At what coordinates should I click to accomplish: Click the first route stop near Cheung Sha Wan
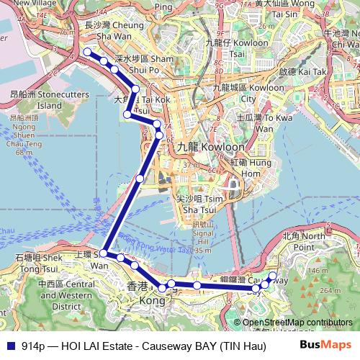click(88, 52)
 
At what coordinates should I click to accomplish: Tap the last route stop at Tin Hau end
click(272, 275)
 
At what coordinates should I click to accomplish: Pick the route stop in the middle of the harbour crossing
click(140, 178)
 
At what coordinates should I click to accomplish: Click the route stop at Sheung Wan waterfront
click(104, 253)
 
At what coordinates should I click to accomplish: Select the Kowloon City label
click(234, 92)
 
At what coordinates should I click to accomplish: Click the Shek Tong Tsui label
click(34, 261)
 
